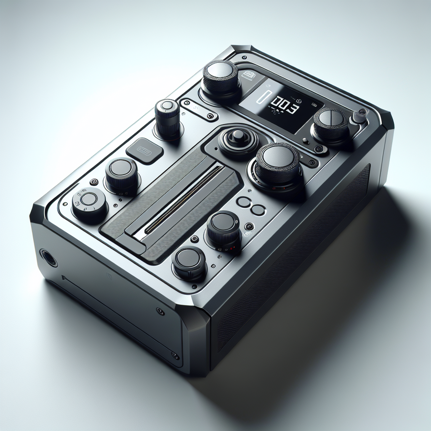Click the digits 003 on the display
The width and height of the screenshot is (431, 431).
[285, 104]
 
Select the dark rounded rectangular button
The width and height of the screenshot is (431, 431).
[144, 150]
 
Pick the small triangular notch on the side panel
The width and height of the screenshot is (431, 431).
[108, 276]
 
